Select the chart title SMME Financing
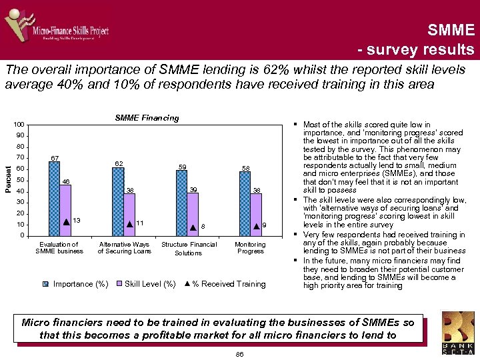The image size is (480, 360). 147,118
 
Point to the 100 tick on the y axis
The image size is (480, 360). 19,125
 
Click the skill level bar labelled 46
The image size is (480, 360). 65,209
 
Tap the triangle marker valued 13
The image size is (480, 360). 66,221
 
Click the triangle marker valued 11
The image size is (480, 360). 129,223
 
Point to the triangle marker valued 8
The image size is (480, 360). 193,227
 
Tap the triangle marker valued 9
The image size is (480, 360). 257,226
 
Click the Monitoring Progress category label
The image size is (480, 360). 251,248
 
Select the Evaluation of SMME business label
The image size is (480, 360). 59,248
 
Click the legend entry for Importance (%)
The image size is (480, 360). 75,284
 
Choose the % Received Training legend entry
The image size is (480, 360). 225,284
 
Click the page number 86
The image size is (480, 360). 239,355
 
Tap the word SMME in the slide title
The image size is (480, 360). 451,29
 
